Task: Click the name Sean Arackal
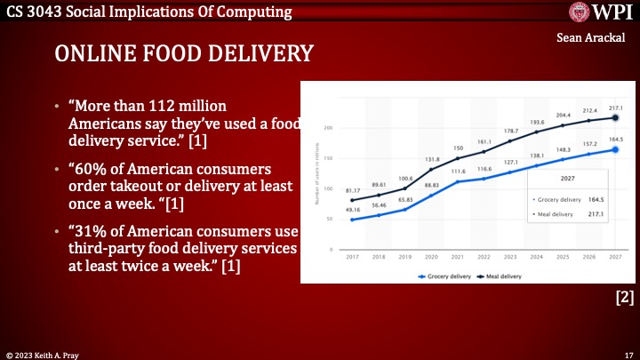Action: (595, 38)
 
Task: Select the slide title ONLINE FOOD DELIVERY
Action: (184, 53)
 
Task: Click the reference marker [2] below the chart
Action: (625, 300)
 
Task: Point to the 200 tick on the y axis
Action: (328, 128)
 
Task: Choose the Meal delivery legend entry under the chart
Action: (500, 276)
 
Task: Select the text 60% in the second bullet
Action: (87, 169)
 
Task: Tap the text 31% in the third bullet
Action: (87, 228)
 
